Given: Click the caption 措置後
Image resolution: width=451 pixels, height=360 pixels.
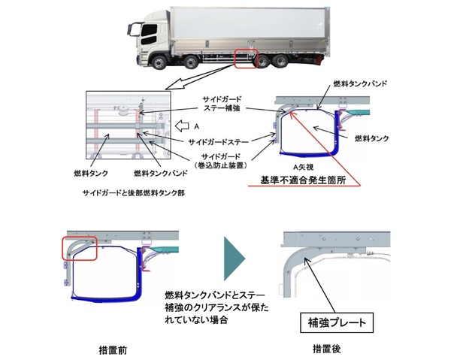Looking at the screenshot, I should [x=329, y=349].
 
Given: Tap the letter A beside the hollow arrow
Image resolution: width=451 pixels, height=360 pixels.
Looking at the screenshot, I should [x=195, y=126].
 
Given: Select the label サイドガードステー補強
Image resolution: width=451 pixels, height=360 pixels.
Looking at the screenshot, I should [x=223, y=104].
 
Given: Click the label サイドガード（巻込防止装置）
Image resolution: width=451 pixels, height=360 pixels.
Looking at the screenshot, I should [x=216, y=160].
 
